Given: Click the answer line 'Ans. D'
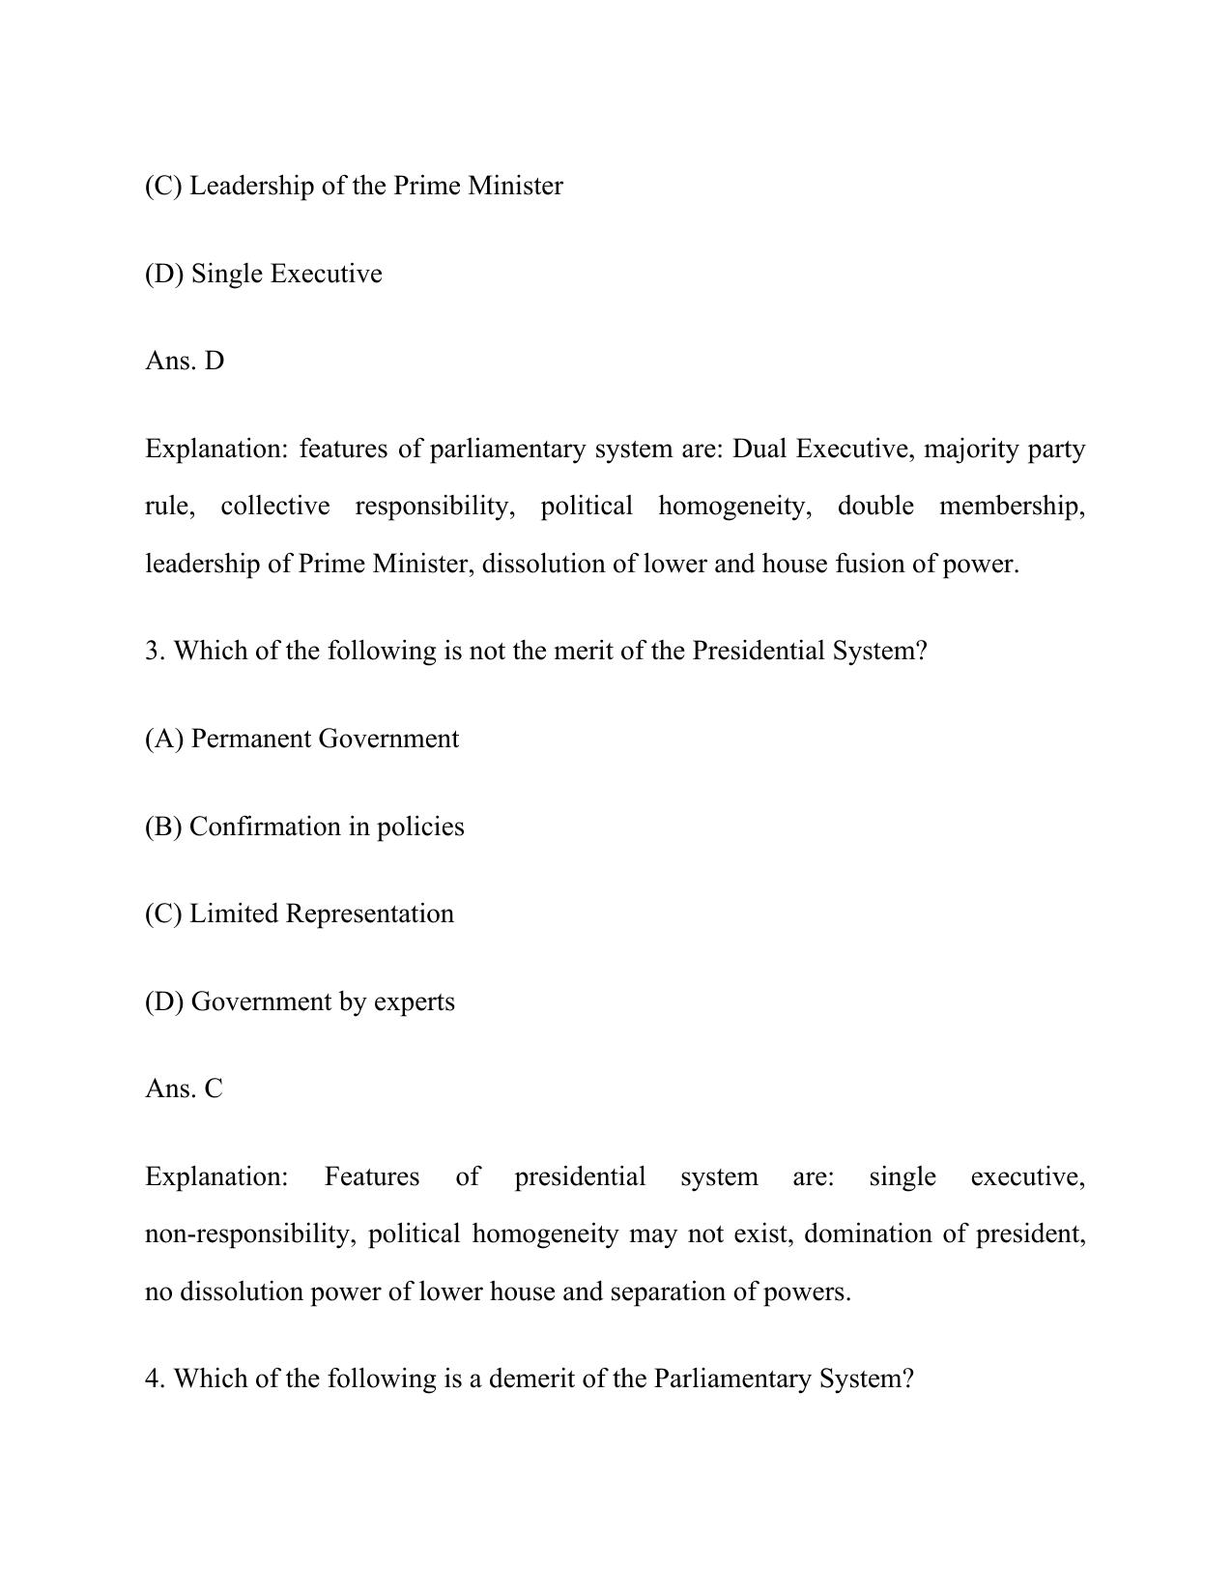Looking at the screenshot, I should coord(185,361).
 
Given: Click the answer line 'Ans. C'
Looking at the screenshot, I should coord(184,1088).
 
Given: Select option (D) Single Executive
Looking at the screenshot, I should coord(264,274).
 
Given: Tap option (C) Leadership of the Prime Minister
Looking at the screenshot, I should coord(354,186).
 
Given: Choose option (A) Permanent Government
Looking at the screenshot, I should coord(301,739).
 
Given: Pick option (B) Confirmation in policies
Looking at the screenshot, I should coord(304,827).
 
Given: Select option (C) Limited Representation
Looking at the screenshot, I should coord(300,914).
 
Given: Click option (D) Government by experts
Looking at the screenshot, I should coord(300,1001).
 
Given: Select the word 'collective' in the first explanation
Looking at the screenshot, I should coord(274,506).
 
